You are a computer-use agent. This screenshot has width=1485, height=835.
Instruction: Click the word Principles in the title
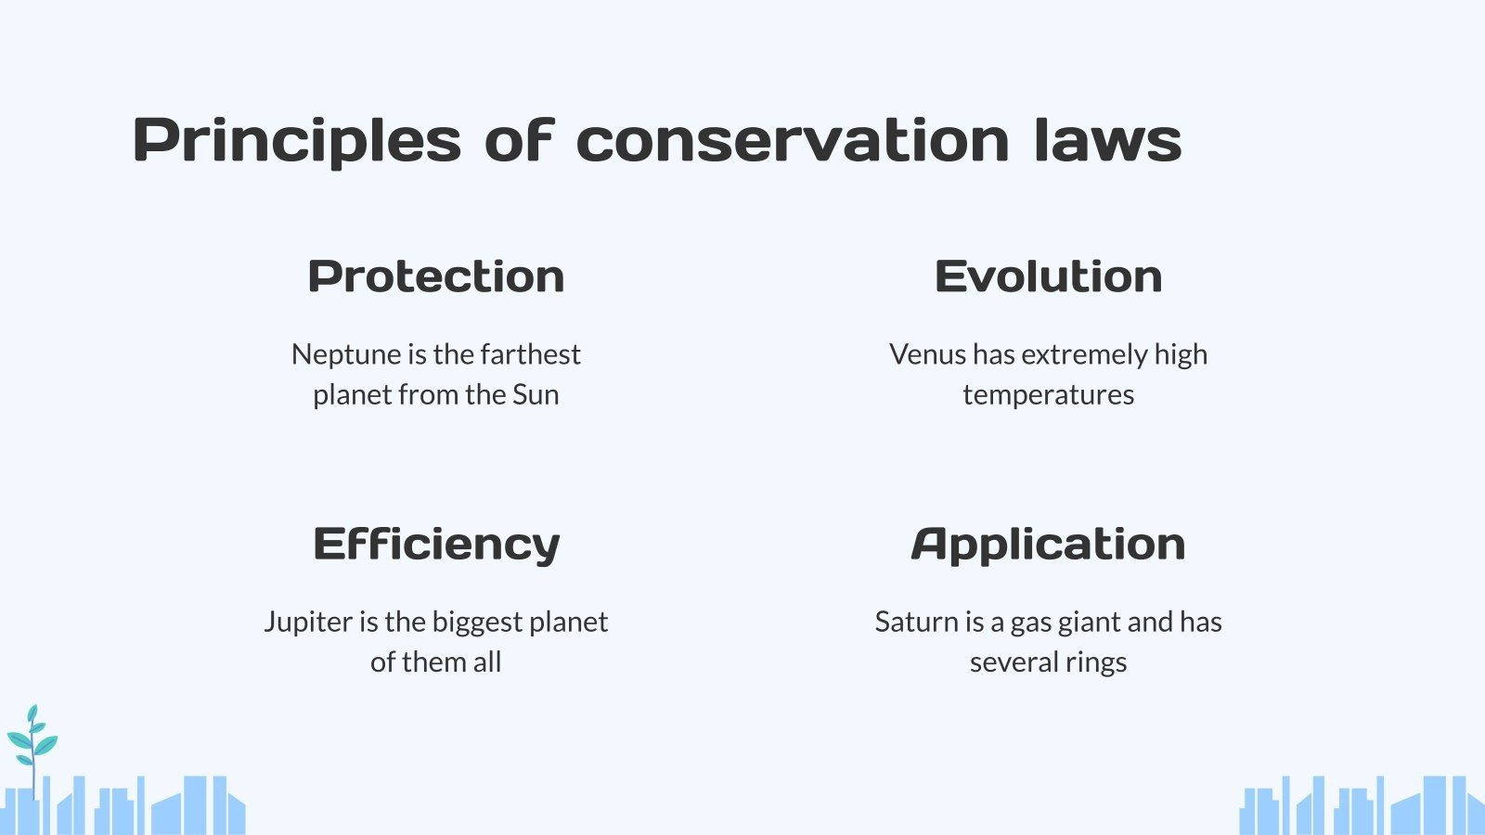coord(297,141)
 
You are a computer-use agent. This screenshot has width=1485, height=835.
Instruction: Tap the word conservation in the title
coord(792,141)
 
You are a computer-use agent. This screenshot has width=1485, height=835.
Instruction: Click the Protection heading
coord(436,276)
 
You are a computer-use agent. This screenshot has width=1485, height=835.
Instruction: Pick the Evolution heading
coord(1048,276)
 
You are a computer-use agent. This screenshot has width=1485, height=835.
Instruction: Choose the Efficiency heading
coord(436,544)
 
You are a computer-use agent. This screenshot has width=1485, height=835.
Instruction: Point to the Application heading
coord(1048,544)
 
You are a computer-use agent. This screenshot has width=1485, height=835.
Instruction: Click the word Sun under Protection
coord(536,394)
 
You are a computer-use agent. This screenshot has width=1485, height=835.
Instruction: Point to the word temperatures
coord(1048,395)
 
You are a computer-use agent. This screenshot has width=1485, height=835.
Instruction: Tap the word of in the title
coord(519,141)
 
